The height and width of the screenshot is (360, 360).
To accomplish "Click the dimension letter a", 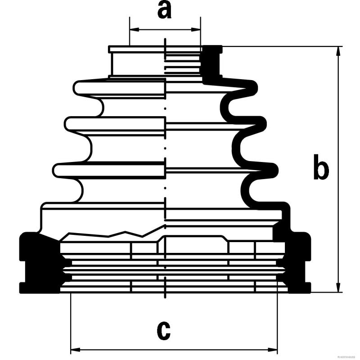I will [x=165, y=10].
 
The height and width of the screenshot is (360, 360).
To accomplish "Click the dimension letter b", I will [x=320, y=167].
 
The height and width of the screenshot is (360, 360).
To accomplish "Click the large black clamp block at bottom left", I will [x=38, y=263].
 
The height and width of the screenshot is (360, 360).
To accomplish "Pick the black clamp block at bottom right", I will [x=297, y=263].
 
